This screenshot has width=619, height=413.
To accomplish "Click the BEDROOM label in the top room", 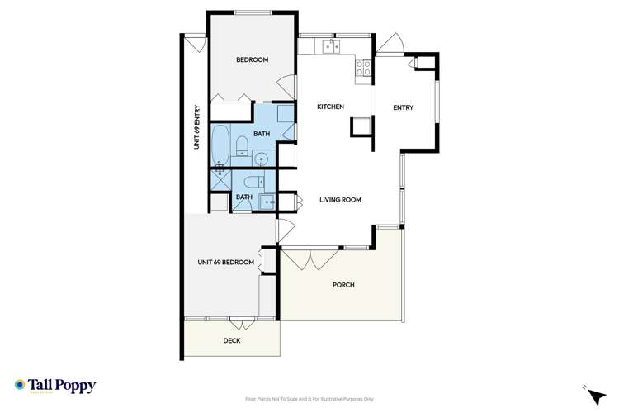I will (x=252, y=59).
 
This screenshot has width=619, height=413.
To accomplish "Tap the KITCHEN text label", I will (x=330, y=107).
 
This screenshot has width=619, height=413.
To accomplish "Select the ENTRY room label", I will (x=403, y=107).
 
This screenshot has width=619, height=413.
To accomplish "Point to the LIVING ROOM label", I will (x=340, y=200).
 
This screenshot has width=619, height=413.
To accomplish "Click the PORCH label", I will (x=343, y=285).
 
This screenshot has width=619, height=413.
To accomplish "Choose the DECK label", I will (x=232, y=340).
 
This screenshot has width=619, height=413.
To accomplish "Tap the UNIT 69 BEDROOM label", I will (x=225, y=262).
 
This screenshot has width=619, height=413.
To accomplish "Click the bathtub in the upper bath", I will (x=221, y=145).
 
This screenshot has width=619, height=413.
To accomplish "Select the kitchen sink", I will (x=331, y=45).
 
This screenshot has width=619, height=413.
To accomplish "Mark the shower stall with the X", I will (x=221, y=178).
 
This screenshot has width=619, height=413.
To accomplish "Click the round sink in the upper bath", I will (x=262, y=159).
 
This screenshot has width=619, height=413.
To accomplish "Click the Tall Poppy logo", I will (x=55, y=386).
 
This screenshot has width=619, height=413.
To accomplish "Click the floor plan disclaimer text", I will (x=309, y=397).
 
